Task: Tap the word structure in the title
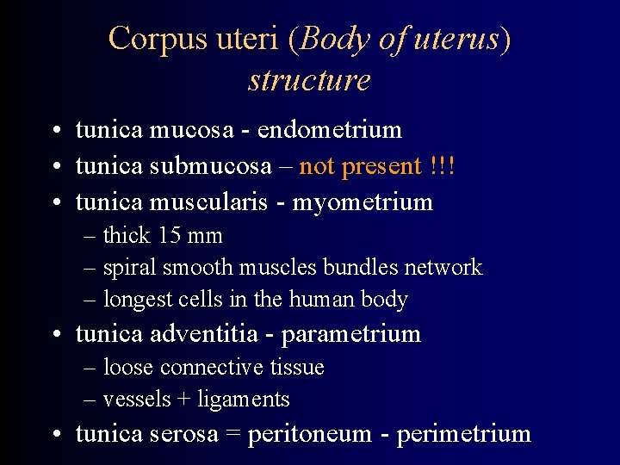(309, 80)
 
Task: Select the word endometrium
(330, 130)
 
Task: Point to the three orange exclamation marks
(441, 166)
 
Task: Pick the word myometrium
(363, 202)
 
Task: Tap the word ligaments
(244, 400)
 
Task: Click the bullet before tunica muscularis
(54, 203)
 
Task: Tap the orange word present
(379, 166)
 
